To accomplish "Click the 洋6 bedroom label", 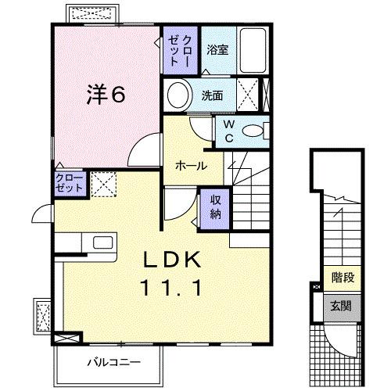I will click(x=105, y=94).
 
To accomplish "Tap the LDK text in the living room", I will click(x=173, y=260).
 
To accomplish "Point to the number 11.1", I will click(x=173, y=288).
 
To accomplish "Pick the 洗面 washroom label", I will click(x=213, y=96).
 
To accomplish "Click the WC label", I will click(x=229, y=130).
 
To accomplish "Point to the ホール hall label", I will click(x=192, y=166).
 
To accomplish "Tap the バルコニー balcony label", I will click(x=113, y=363).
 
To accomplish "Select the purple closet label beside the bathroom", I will click(x=180, y=47).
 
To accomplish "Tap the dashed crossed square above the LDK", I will click(x=102, y=185).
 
